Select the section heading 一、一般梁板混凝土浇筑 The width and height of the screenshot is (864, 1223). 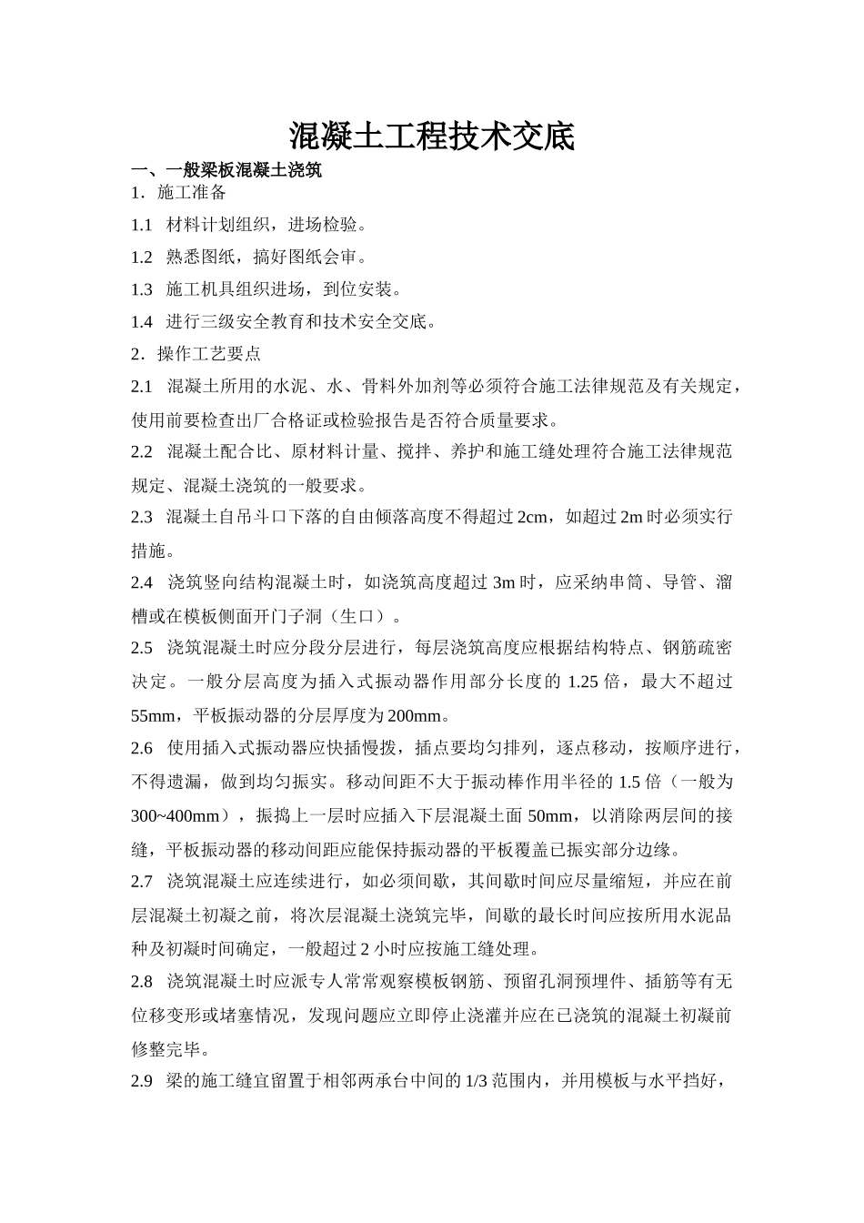[x=226, y=170]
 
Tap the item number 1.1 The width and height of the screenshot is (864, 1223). [x=141, y=225]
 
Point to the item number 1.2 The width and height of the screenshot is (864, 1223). [x=141, y=258]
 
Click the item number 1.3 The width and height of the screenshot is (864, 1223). [x=141, y=290]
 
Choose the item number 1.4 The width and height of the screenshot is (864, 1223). [x=141, y=322]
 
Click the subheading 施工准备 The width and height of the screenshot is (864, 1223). [x=192, y=193]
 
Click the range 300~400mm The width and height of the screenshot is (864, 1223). [x=175, y=816]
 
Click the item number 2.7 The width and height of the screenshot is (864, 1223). [x=141, y=881]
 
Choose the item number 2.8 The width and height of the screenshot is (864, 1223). [x=141, y=982]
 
